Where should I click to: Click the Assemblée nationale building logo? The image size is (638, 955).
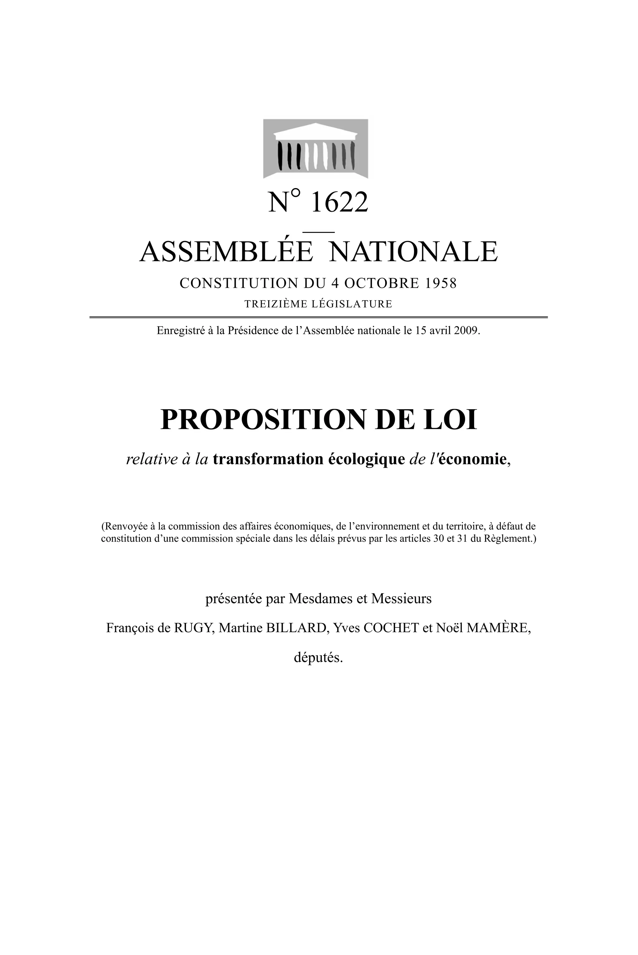[316, 149]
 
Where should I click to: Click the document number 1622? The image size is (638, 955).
[339, 202]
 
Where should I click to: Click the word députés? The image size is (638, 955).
[318, 658]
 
